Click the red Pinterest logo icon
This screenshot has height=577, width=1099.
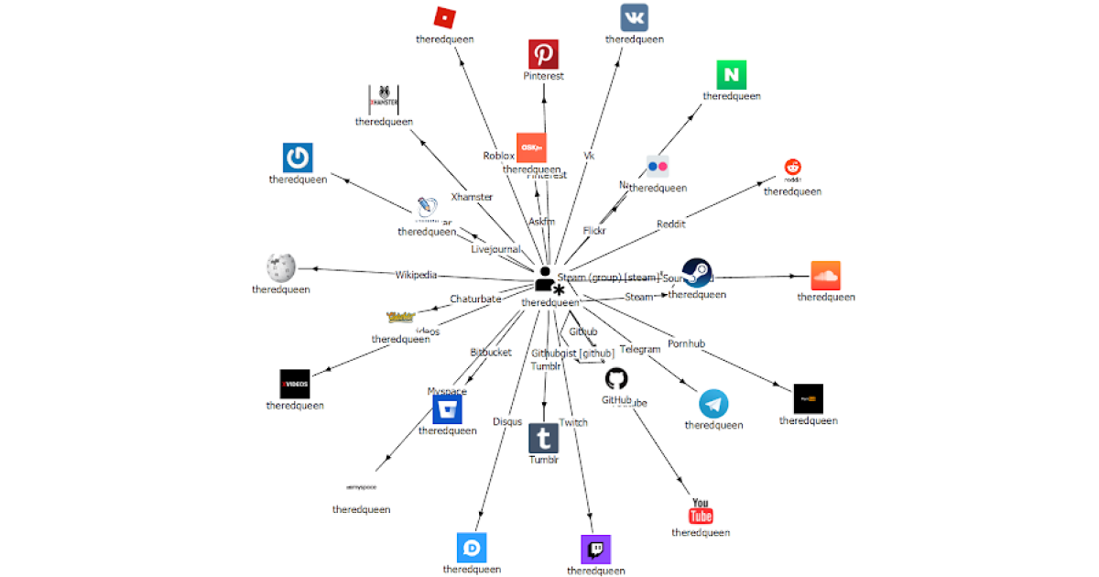coord(543,54)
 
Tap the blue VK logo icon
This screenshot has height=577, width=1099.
coord(634,17)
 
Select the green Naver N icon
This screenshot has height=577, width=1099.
coord(732,74)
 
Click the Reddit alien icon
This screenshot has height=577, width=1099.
coord(792,168)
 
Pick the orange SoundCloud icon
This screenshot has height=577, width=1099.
coord(825,276)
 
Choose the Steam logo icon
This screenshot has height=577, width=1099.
coord(698,273)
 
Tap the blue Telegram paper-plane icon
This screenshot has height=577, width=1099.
coord(713,404)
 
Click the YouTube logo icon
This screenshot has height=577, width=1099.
coord(701,511)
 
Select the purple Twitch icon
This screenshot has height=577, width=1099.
coord(595,550)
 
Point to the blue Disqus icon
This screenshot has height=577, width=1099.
coord(472,548)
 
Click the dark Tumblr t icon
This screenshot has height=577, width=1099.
coord(543,438)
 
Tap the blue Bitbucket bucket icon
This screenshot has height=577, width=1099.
coord(447,409)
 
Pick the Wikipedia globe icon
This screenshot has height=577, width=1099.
coord(280,267)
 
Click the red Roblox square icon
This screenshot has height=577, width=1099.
coord(443,16)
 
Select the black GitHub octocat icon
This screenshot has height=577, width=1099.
coord(616,379)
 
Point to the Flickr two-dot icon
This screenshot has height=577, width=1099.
coord(658,167)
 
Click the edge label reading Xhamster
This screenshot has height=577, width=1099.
coord(472,197)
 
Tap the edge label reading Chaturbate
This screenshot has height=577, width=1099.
coord(475,299)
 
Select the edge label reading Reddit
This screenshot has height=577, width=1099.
coord(670,224)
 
